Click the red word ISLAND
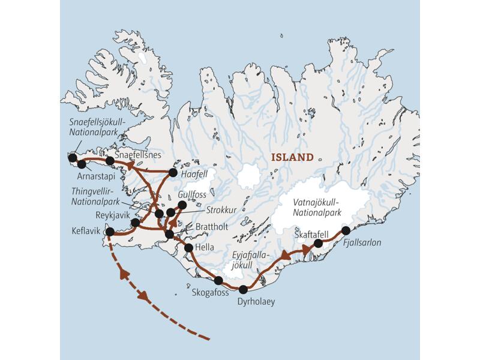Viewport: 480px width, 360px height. point(293,158)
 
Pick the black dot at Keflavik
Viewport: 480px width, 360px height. point(110,232)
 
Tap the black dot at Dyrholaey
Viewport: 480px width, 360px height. point(243,290)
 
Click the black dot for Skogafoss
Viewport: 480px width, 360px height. point(218,280)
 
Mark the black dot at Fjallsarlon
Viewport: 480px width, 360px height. point(346,230)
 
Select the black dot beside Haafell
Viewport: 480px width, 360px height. point(173,173)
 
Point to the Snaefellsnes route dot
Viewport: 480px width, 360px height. point(110,160)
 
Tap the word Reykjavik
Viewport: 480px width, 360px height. point(113,214)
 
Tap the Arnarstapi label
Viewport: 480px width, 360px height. point(95,178)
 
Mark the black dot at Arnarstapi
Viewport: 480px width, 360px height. point(81,164)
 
